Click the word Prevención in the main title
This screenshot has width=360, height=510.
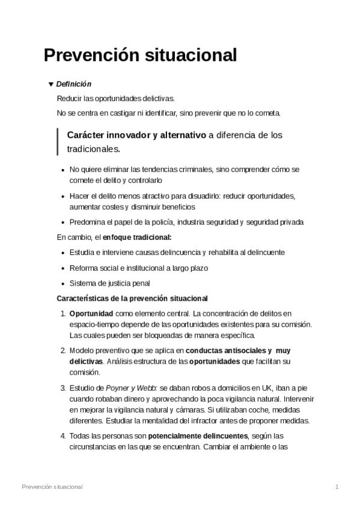click(x=91, y=55)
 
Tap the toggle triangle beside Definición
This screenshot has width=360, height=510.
click(x=50, y=84)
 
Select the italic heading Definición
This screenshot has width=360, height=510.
click(x=74, y=84)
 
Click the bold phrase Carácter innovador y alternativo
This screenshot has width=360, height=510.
click(x=136, y=135)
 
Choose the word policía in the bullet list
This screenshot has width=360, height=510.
click(x=178, y=222)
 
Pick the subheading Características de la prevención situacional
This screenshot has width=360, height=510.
click(x=132, y=298)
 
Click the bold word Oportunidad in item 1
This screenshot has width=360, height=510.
click(x=91, y=313)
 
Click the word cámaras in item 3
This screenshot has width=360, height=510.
click(x=191, y=410)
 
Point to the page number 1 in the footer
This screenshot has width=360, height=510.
click(x=337, y=486)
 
